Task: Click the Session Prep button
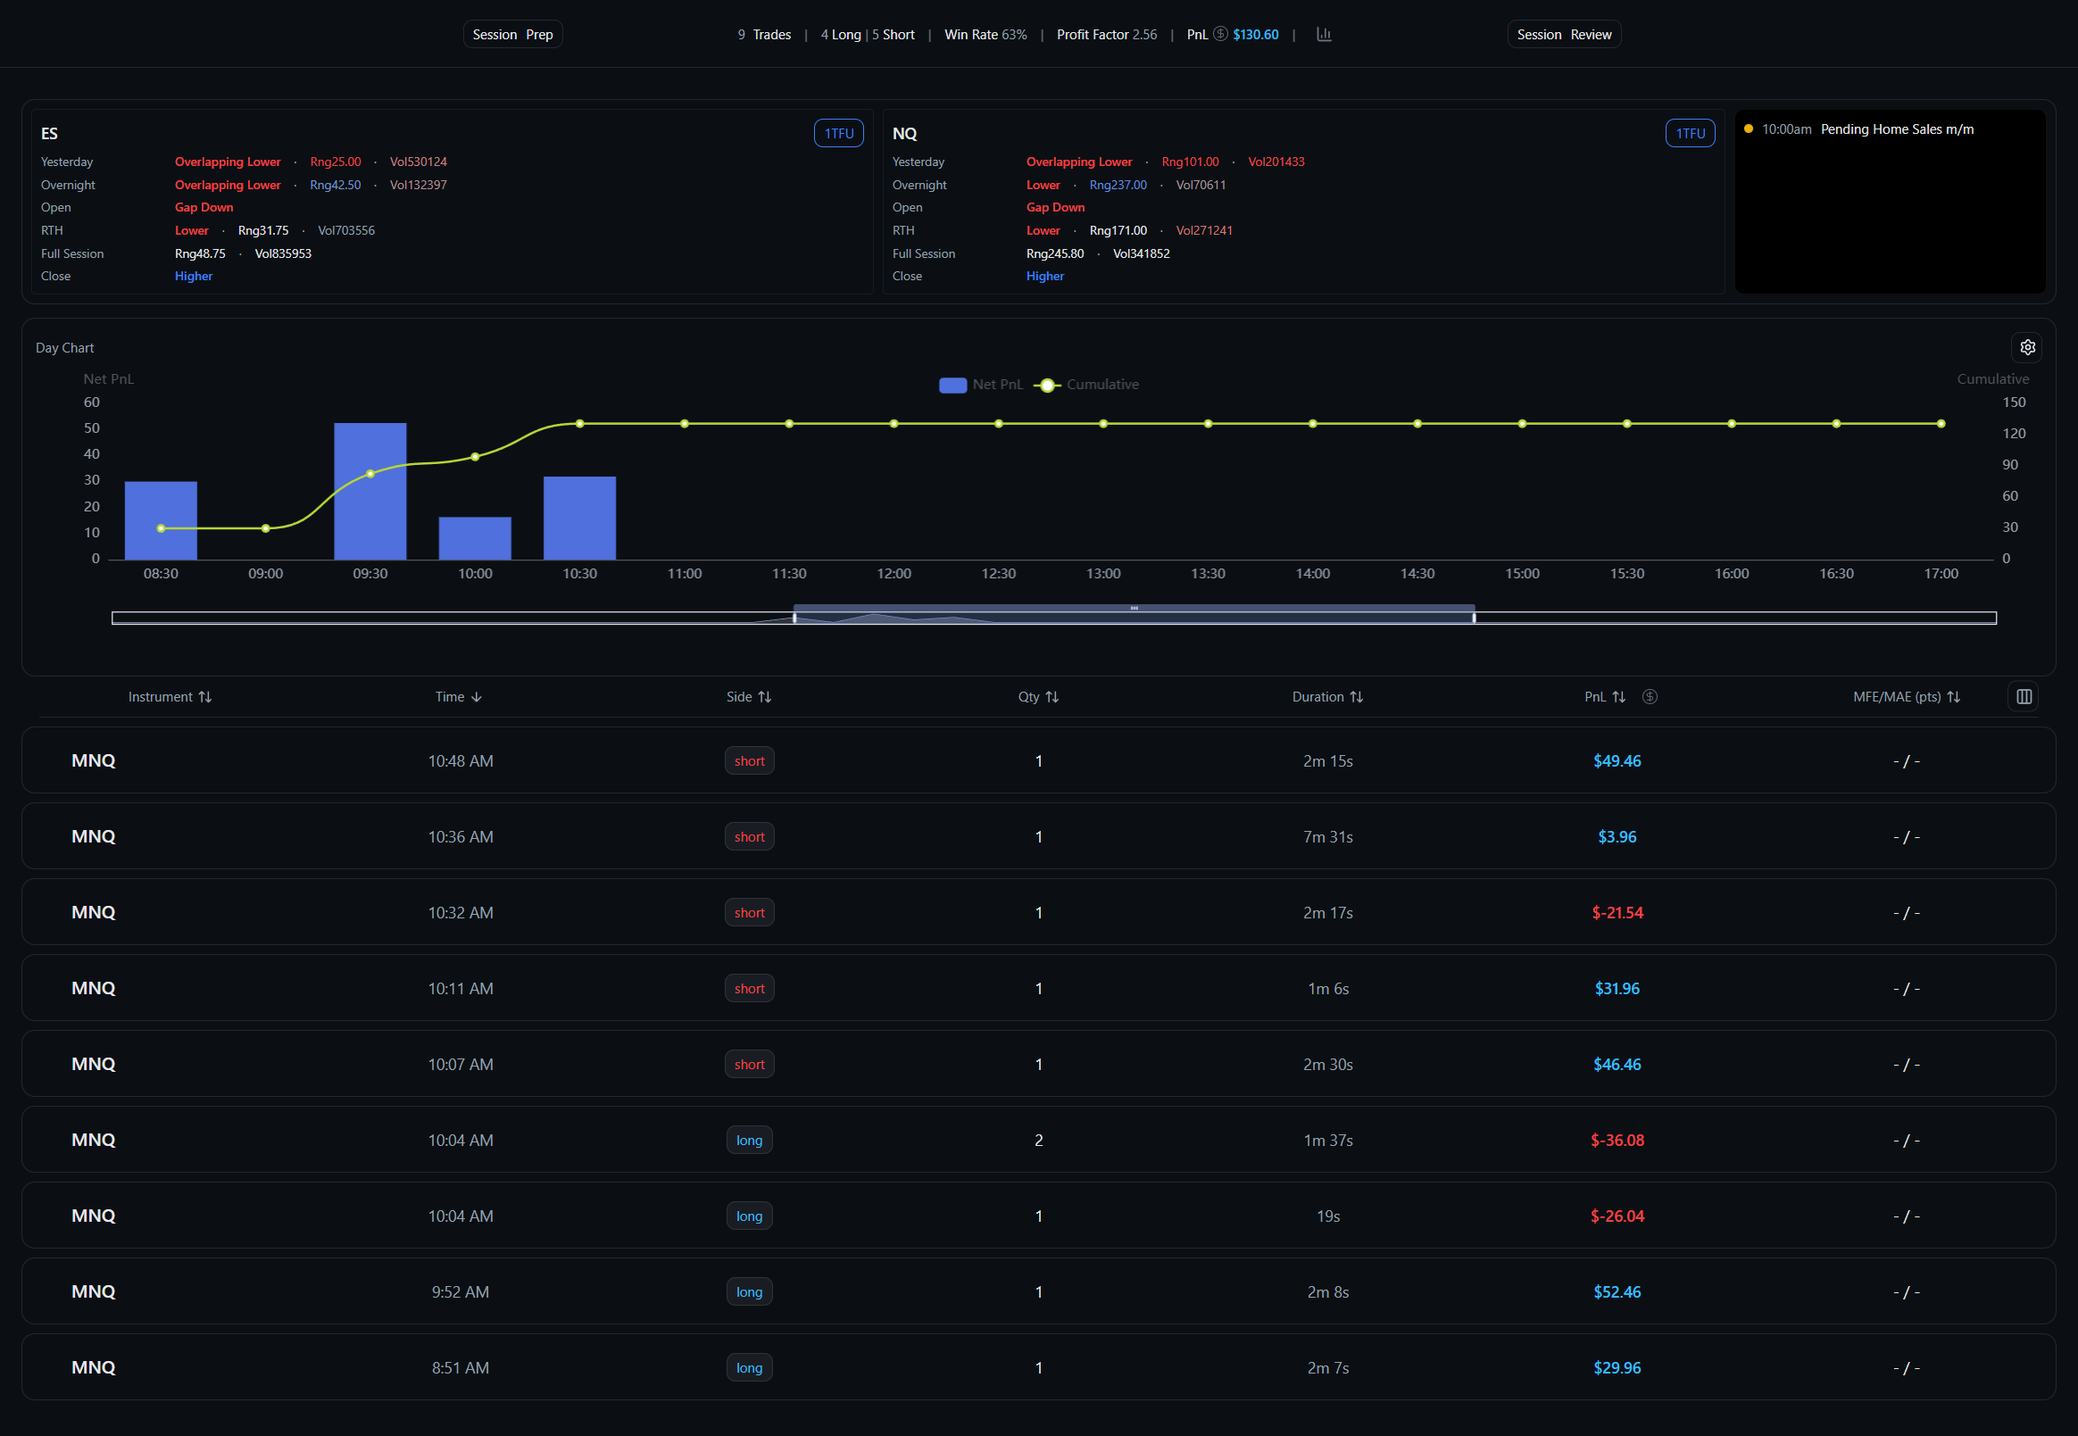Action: tap(512, 34)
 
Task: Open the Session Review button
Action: tap(1563, 34)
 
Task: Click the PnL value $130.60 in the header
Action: tap(1254, 34)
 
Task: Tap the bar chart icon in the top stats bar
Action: tap(1323, 34)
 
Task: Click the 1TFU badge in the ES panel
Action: tap(838, 133)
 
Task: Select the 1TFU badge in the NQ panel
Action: tap(1689, 133)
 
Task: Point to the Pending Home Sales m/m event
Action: tap(1896, 129)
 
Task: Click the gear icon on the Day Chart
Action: tap(2027, 347)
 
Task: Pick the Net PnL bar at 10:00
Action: tap(475, 538)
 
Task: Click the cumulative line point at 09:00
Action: tap(265, 528)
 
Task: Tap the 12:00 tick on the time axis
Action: tap(894, 574)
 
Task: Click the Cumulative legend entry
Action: tap(1087, 384)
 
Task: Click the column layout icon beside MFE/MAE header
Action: tap(2023, 697)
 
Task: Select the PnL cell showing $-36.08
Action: tap(1617, 1140)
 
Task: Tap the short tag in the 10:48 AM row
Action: tap(749, 761)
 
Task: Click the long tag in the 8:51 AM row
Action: tap(749, 1367)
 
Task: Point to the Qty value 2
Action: tap(1038, 1140)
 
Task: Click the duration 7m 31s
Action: tap(1327, 837)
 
